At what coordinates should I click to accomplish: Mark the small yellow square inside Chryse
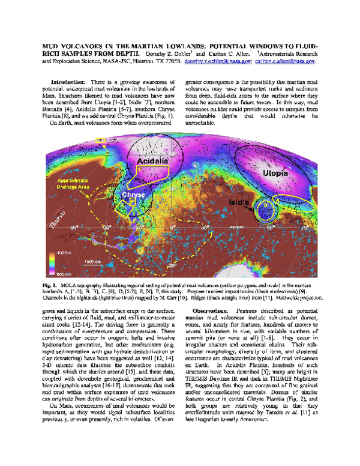(133, 203)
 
